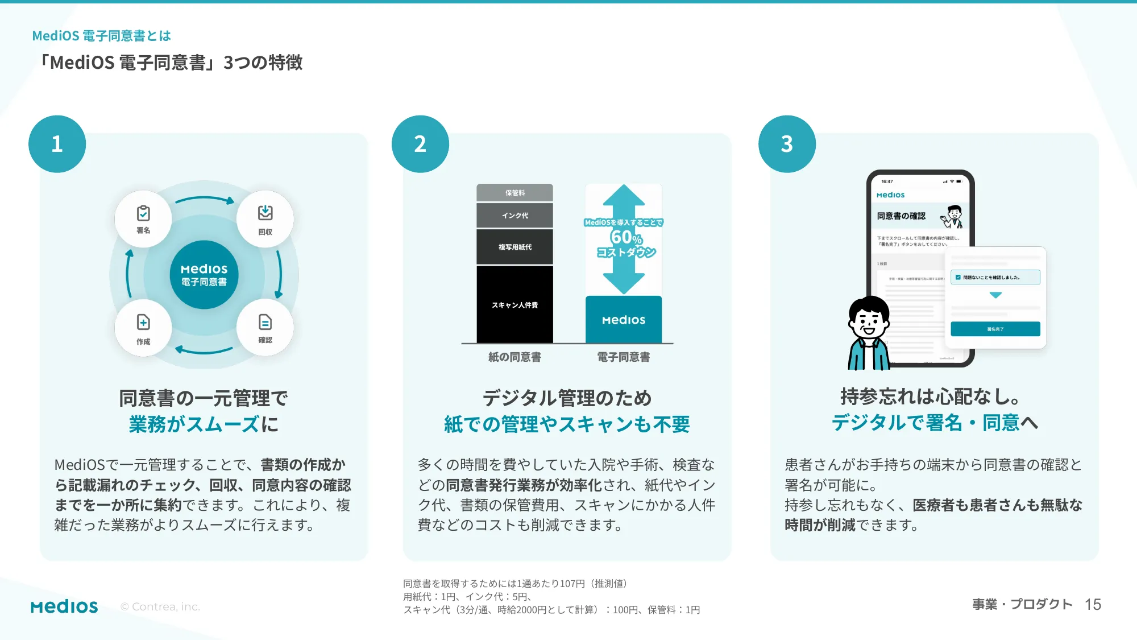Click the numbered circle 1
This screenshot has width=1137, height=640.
tap(57, 144)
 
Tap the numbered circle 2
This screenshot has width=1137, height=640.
tap(420, 144)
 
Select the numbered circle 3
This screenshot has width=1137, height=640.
tap(787, 144)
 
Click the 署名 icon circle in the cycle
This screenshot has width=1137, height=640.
tap(143, 219)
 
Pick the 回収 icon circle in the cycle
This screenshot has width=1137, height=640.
tap(265, 219)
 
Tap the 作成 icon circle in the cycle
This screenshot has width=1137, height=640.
tap(143, 328)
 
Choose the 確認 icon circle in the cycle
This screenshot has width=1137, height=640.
tap(265, 328)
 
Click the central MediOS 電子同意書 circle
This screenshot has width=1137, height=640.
tap(204, 275)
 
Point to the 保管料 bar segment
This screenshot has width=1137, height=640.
tap(514, 193)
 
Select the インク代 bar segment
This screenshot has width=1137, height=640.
tap(514, 216)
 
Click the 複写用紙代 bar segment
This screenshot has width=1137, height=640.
tap(514, 247)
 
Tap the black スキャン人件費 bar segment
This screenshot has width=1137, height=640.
tap(514, 305)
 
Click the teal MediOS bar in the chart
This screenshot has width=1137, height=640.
tap(624, 320)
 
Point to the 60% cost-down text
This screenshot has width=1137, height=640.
tap(625, 237)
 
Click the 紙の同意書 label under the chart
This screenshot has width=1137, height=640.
tap(514, 357)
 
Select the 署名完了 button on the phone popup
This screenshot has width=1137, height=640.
tap(995, 329)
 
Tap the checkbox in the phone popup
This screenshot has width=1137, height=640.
tap(958, 278)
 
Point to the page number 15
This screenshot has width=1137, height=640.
tap(1093, 604)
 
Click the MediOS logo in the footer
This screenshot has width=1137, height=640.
tap(64, 606)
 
